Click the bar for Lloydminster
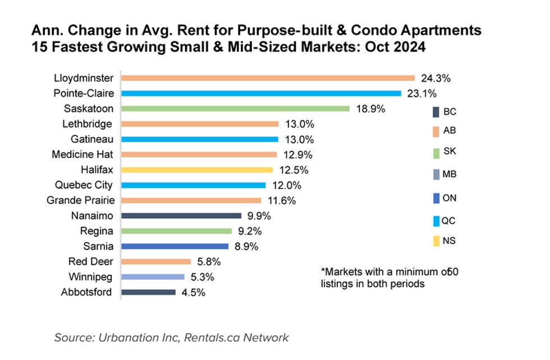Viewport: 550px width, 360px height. [268, 78]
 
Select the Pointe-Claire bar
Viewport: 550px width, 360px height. [261, 93]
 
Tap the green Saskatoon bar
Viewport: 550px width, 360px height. [235, 108]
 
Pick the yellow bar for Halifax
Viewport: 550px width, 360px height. [197, 170]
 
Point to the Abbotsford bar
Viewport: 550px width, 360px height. [148, 292]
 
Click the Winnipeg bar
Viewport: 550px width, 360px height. [153, 276]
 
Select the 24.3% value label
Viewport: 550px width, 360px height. [433, 78]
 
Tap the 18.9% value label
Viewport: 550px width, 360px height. [370, 109]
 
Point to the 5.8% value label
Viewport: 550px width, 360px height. [209, 262]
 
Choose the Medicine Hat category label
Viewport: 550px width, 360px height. [82, 154]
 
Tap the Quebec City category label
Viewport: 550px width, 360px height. [84, 185]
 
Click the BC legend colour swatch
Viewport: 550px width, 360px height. [436, 112]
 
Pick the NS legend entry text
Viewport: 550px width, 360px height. [449, 241]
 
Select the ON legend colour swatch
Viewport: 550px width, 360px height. [436, 198]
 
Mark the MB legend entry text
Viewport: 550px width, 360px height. [450, 174]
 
